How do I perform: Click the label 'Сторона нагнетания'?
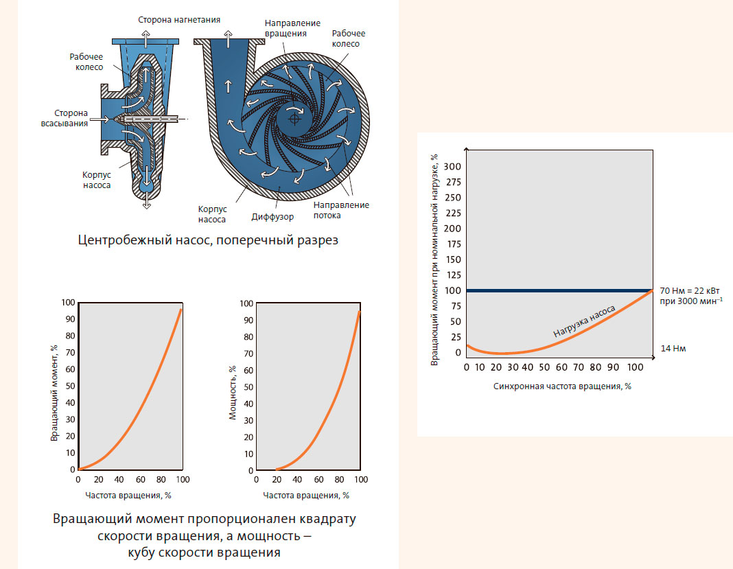point(178,19)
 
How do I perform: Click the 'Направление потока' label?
point(341,210)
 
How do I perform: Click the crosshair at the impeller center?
point(294,119)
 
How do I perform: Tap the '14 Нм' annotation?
point(673,349)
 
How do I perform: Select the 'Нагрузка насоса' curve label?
point(584,321)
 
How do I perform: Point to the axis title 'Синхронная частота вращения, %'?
point(561,386)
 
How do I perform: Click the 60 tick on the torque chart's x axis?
point(140,479)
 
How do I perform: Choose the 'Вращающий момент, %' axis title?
point(55,387)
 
